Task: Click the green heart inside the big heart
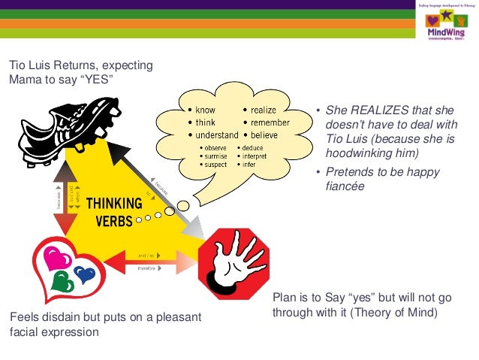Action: [63, 281]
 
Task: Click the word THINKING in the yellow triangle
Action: [113, 203]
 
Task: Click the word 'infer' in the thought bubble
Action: [251, 163]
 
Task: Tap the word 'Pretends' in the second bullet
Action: [348, 173]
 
